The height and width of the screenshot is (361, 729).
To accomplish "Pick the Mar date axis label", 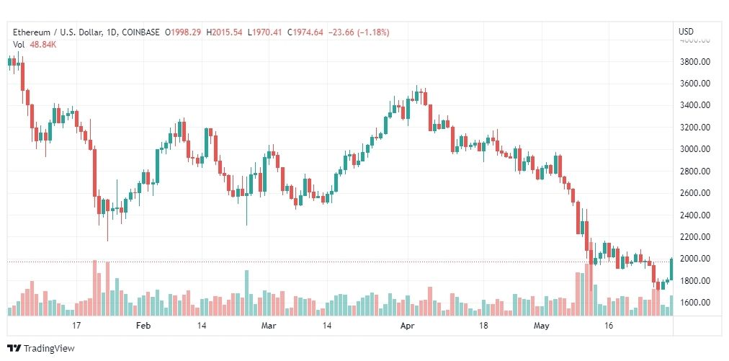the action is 269,326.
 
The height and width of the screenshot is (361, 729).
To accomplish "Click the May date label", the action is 542,326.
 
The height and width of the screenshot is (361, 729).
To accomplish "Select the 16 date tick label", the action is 609,326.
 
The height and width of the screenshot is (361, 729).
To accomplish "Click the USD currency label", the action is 686,32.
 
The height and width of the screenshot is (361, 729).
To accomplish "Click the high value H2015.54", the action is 225,32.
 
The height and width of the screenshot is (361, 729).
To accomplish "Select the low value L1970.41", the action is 264,32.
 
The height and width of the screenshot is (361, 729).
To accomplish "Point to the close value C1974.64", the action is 305,32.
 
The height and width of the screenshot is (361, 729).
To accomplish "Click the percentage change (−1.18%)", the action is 372,32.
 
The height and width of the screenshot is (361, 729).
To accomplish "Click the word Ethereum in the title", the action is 30,32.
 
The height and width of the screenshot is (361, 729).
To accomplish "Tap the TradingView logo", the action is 41,348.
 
